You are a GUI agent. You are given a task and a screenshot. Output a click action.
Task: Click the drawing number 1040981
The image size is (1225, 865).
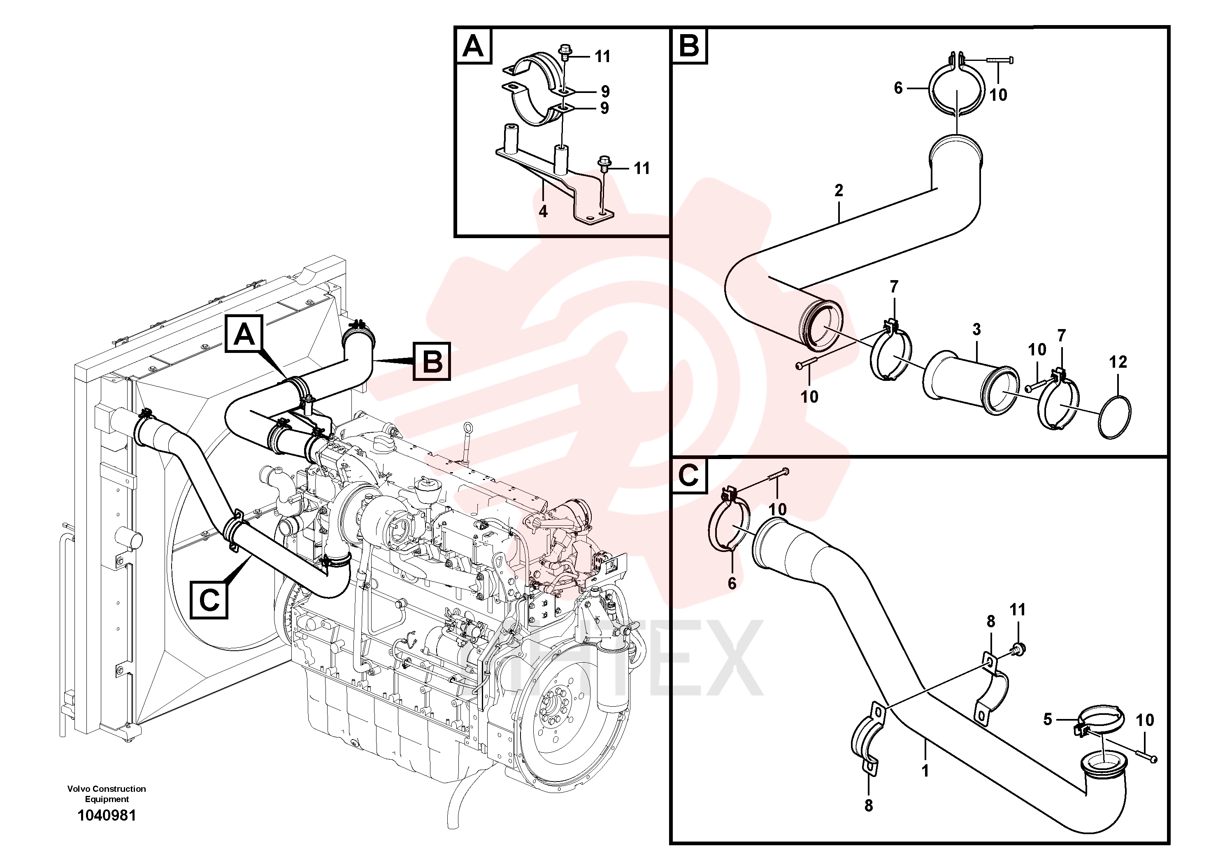107,816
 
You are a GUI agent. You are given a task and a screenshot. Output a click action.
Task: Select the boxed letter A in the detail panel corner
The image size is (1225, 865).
473,46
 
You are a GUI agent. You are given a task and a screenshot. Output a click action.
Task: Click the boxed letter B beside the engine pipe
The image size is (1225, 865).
432,361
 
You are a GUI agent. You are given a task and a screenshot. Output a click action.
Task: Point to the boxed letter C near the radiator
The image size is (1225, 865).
209,600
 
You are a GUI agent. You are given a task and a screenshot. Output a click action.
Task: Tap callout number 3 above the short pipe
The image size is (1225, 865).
976,329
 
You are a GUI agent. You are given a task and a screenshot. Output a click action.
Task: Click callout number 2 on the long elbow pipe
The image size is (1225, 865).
839,190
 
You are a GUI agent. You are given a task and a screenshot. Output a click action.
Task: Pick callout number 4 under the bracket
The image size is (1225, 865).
543,212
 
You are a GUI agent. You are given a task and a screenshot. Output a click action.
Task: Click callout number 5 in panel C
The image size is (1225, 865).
1047,719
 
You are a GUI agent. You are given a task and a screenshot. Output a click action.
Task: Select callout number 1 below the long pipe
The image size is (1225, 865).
925,771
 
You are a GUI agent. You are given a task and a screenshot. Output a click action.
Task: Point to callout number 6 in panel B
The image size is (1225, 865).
898,88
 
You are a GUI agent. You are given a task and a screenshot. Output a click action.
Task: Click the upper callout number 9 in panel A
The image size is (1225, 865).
604,91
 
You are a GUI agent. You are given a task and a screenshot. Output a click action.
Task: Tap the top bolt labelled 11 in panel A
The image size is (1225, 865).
564,52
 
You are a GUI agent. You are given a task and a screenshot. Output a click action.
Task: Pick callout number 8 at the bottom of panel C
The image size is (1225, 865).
869,806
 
